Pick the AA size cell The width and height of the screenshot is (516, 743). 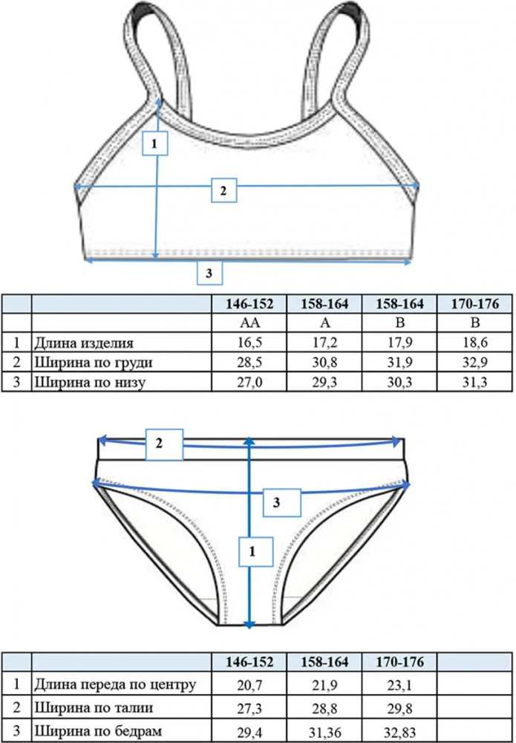tap(249, 324)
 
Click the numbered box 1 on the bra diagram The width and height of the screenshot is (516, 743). tap(154, 142)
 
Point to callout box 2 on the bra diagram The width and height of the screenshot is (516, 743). tap(224, 190)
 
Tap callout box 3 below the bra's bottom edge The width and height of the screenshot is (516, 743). tap(209, 273)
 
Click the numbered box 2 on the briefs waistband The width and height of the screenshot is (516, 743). tap(164, 444)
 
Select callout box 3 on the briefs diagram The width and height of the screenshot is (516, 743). tap(282, 502)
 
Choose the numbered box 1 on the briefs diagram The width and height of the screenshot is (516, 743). tap(255, 551)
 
